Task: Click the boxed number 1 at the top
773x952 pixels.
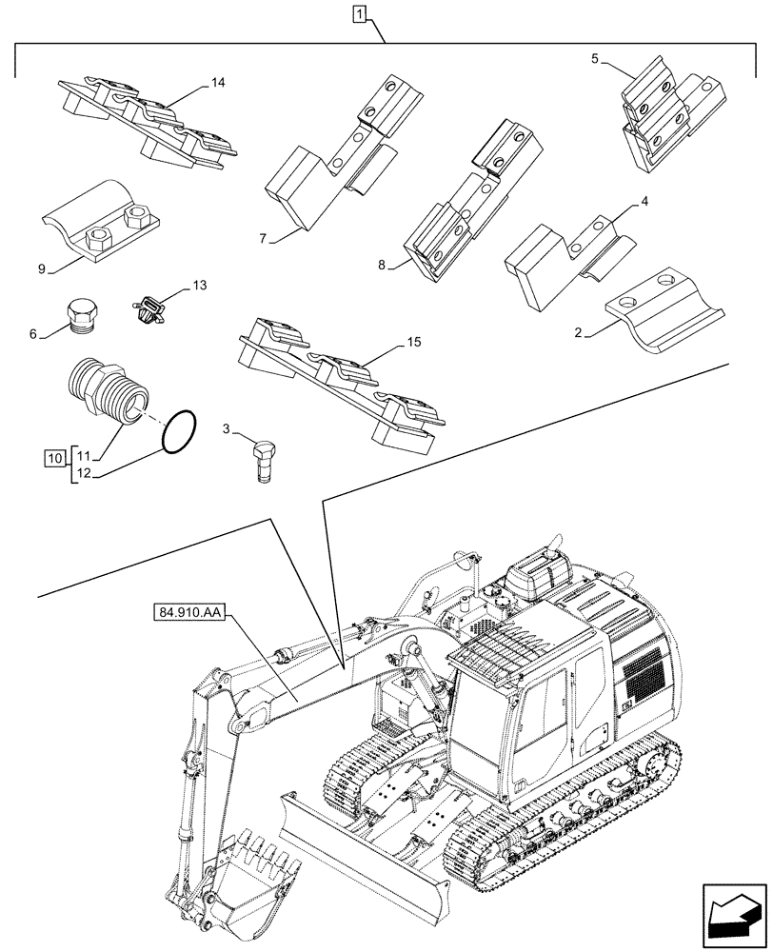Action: point(358,13)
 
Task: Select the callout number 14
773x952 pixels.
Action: point(217,85)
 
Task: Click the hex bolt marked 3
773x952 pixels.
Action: point(264,457)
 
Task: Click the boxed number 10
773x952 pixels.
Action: point(56,459)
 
